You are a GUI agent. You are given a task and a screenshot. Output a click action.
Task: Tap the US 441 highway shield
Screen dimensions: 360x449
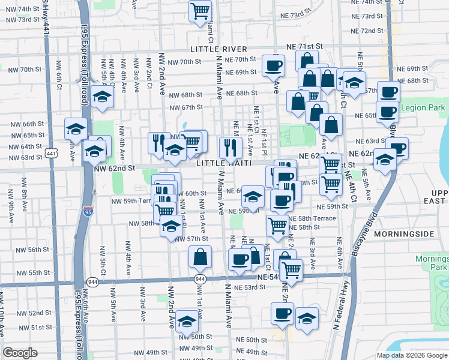click(52, 154)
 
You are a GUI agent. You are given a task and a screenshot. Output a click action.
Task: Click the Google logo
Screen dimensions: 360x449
click(20, 353)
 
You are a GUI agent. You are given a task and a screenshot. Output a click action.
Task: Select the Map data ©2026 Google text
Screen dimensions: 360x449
click(411, 355)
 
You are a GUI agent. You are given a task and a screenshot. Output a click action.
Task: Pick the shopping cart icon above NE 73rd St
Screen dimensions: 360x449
click(200, 11)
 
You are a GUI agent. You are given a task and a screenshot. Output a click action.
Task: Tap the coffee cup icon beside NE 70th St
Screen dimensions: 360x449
click(274, 65)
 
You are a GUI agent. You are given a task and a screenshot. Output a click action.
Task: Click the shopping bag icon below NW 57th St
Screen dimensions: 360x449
click(200, 257)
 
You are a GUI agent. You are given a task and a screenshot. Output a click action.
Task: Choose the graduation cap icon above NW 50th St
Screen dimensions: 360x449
click(187, 323)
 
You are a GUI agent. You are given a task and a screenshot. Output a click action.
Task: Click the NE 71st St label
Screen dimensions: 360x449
click(307, 46)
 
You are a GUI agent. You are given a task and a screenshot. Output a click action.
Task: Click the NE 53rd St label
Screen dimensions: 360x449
click(250, 287)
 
